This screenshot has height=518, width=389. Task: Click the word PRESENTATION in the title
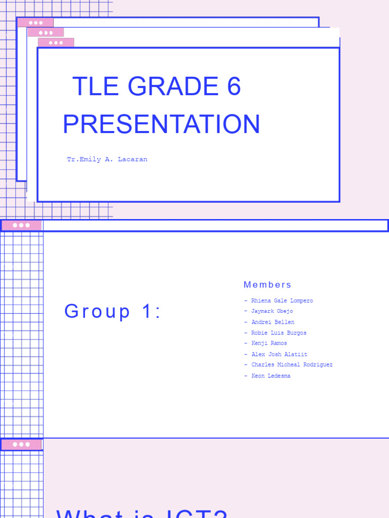(x=161, y=124)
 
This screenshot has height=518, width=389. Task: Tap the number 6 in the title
(x=234, y=87)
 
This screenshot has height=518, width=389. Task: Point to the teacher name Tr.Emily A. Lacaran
(x=107, y=159)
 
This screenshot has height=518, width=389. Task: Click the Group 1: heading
(x=112, y=312)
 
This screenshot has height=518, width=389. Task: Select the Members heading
(x=267, y=285)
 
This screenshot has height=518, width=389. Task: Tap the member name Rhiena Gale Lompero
(x=282, y=300)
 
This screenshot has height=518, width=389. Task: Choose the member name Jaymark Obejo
(x=271, y=311)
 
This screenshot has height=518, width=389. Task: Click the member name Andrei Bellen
(x=273, y=322)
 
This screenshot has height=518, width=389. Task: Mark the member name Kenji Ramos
(x=269, y=343)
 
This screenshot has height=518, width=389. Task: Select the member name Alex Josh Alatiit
(x=279, y=354)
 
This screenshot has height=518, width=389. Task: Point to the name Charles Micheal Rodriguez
(x=292, y=365)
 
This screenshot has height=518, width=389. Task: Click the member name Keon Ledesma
(x=270, y=376)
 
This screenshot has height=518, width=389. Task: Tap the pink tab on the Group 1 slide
(x=21, y=225)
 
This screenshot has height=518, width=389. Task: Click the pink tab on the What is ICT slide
(x=21, y=445)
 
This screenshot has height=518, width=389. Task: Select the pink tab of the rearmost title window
(x=35, y=23)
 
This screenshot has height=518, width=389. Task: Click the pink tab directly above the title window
(x=56, y=43)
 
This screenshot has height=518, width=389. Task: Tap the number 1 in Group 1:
(x=146, y=312)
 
